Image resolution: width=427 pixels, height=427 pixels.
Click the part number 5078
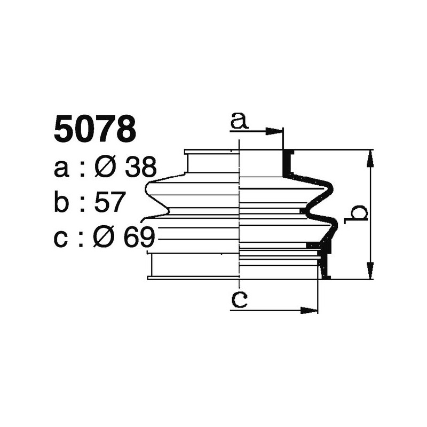pos(94,130)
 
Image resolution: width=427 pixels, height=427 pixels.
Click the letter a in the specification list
pos(62,170)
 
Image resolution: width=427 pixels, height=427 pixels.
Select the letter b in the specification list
pos(62,203)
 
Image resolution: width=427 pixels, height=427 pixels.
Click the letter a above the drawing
pos(240,122)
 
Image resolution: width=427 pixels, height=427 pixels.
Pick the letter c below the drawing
pos(240,301)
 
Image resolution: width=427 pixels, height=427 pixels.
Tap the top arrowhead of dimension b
pos(369,157)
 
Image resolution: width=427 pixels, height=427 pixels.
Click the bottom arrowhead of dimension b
pos(369,272)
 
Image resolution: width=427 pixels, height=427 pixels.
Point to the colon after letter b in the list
pos(82,204)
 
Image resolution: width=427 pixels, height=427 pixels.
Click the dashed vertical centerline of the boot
pos(240,213)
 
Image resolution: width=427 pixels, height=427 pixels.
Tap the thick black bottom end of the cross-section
pos(325,270)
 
